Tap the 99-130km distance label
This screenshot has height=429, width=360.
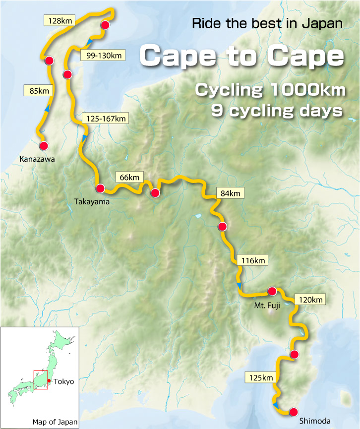point(104,56)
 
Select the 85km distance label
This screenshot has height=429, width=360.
point(38,90)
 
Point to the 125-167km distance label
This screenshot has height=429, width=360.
point(105,118)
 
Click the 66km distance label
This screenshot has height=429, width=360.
point(129,177)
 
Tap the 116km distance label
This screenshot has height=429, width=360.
point(252,260)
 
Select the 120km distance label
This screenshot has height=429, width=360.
point(310,300)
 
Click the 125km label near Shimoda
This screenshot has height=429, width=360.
point(261,378)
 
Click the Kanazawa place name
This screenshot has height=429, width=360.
point(37,159)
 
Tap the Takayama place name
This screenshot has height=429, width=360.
point(91,202)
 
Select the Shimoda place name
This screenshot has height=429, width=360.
point(315,422)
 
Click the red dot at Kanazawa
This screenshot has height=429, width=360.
point(43,146)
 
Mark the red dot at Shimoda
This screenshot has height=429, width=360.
point(294,412)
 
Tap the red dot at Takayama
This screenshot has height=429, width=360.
point(100,188)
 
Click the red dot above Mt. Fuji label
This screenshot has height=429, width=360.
point(272,291)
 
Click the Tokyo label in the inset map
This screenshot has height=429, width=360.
point(63,381)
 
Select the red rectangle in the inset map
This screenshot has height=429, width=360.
point(41,379)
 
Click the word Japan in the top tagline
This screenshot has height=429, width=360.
point(325,23)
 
